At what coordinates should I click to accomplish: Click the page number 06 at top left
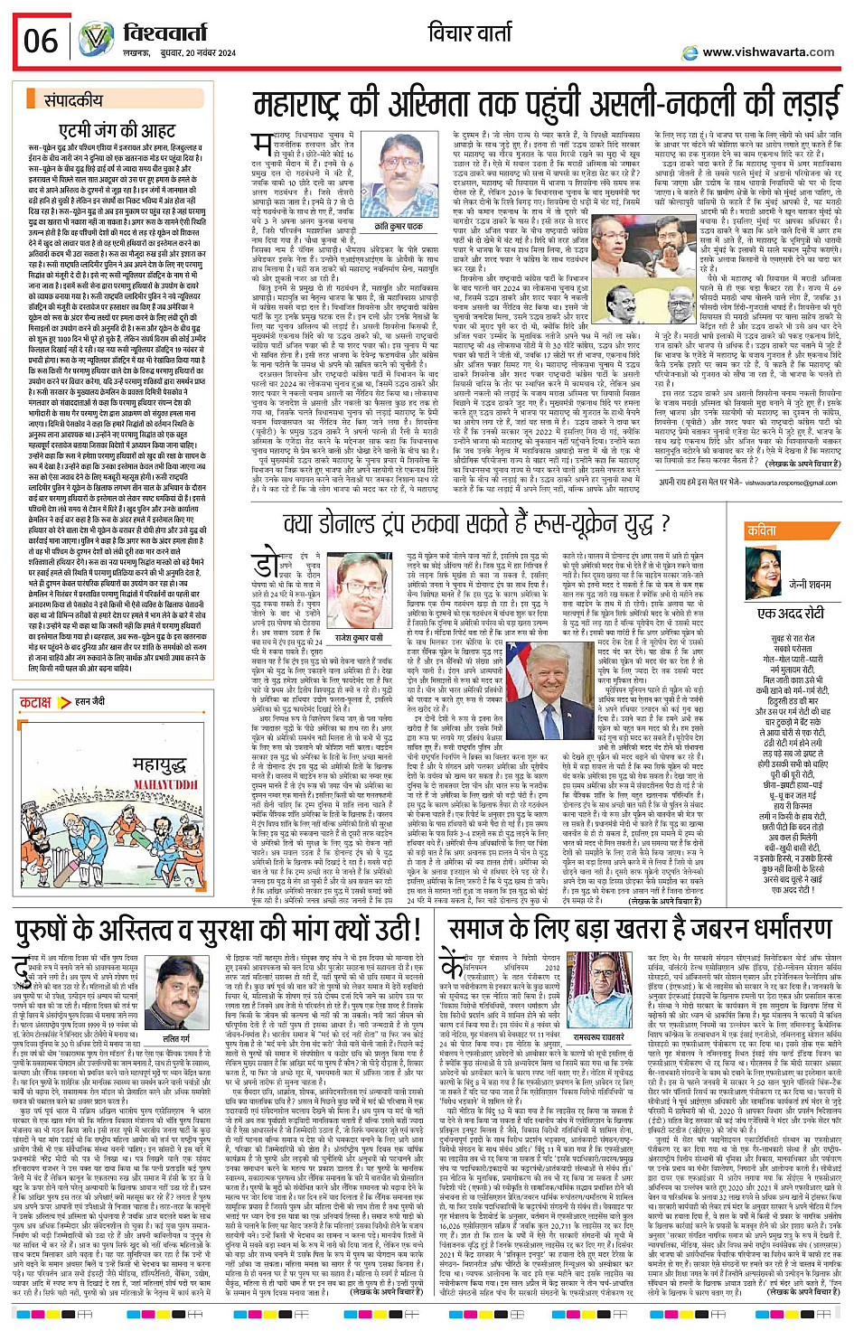[x=41, y=41]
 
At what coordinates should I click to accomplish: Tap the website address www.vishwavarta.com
[x=768, y=52]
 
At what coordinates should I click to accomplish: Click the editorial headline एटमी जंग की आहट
[x=117, y=130]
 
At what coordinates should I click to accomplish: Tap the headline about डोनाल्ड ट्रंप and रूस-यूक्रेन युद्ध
[x=477, y=524]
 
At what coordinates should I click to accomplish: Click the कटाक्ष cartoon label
[x=36, y=701]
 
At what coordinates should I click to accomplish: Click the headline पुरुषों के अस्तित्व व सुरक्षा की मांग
[x=217, y=931]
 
